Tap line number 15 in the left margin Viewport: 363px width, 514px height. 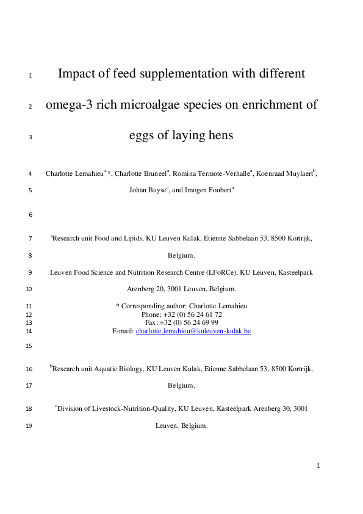[x=29, y=346]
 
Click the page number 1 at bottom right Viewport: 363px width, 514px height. [x=318, y=466]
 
